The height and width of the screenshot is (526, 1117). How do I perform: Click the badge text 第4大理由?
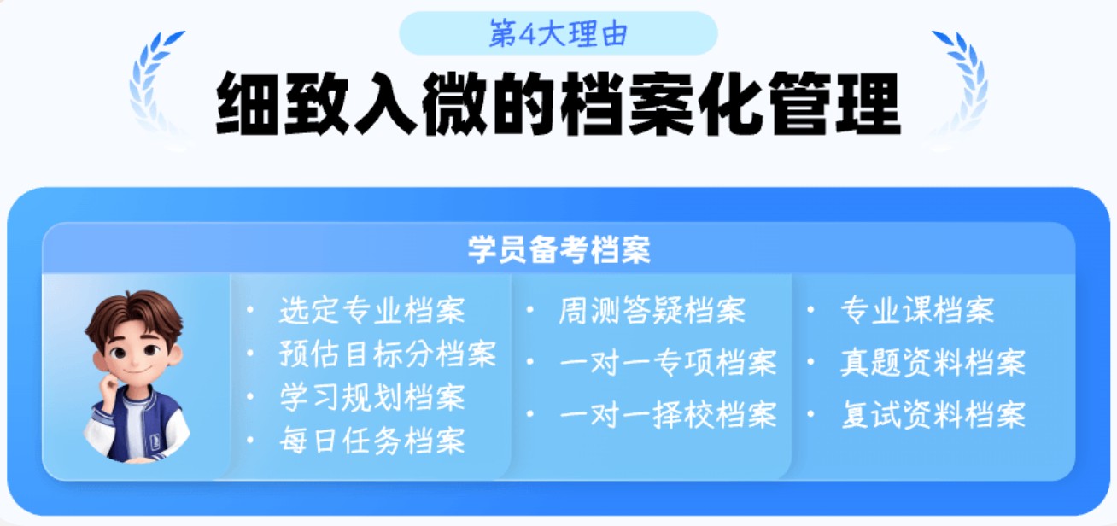pos(558,33)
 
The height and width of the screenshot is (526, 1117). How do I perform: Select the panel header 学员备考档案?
pos(558,249)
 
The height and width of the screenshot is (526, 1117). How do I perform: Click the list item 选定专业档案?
pos(371,310)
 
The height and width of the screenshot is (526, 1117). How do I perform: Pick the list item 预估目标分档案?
pos(387,354)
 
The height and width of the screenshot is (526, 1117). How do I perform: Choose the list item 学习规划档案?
pos(371,397)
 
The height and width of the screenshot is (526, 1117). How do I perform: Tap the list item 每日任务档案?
pos(371,441)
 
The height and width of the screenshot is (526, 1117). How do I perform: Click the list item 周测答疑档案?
pos(652,310)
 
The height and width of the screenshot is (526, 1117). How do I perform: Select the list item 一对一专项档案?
pos(668,363)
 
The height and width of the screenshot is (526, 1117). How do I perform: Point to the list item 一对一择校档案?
pos(668,415)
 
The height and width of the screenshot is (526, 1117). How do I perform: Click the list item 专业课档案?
pos(917,310)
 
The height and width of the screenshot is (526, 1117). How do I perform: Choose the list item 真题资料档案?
pos(933,363)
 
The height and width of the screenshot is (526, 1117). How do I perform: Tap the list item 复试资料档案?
pos(933,415)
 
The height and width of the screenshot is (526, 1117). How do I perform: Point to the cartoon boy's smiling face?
pos(137,350)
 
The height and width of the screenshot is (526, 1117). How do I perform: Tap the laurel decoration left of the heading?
pos(154,81)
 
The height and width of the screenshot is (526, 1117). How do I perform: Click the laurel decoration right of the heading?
pos(961,81)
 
